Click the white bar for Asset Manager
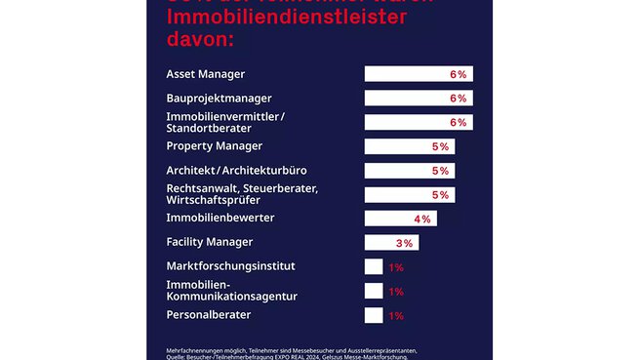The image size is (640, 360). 418,74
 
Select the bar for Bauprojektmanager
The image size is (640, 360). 418,99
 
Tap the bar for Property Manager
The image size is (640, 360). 409,146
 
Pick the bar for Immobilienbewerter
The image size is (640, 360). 400,219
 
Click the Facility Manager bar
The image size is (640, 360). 391,243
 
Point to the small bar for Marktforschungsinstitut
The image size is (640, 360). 374,266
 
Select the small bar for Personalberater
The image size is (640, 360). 374,315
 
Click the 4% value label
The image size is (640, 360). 422,219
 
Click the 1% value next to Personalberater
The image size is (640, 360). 396,315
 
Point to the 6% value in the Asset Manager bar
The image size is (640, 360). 459,74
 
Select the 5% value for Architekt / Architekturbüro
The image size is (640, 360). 440,171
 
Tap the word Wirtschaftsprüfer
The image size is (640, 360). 212,200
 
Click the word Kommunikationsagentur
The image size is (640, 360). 232,296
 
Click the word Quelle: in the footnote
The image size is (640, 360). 179,357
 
